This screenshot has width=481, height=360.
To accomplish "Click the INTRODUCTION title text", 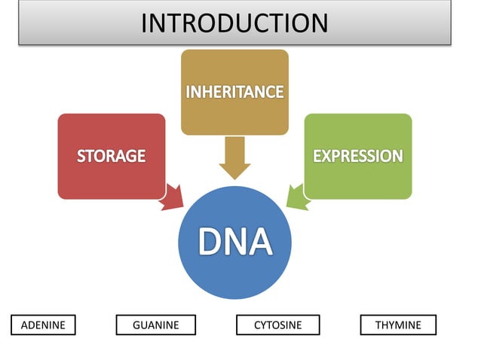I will pos(234,23).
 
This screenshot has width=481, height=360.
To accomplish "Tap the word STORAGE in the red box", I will pos(111,157).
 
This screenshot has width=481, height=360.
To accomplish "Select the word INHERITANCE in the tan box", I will pos(234,93).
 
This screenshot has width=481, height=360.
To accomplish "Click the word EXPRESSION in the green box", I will pos(357,157).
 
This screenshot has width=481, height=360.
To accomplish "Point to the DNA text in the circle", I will pos(234,242).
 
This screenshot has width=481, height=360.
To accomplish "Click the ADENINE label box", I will pos(44,325).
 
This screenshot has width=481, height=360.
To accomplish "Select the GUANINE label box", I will pos(155,325).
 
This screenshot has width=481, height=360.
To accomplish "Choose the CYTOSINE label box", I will pos(277,325).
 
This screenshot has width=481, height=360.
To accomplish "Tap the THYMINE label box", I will pos(398,325).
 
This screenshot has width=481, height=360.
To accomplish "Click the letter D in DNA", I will pos(209,242).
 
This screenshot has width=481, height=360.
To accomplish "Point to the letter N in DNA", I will pos(234,242).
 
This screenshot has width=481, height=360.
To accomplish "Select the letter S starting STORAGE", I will pos(80,157).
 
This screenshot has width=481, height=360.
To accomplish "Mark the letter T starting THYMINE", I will pos(378,325).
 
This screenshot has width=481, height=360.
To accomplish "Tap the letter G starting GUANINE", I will pos(136,325).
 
